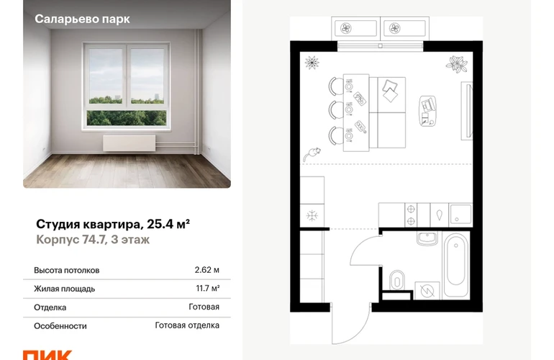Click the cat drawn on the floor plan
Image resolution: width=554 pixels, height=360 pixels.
pos(312,154)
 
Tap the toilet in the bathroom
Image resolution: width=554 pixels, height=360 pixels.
pos(396,280)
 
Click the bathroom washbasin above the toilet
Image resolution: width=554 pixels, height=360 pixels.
pos(427,238)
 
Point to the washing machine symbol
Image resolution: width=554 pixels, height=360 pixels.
pos(427,291)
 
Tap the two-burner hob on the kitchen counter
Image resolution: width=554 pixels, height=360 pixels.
pos(411,215)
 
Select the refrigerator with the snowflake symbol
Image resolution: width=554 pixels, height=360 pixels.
pos(312,215)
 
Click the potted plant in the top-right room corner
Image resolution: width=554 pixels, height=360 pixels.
pos(457,64)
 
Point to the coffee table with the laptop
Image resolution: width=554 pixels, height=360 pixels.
pos(427,111)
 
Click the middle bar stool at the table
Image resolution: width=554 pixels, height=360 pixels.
pos(336,109)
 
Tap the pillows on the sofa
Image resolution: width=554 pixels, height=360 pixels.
pos(390,91)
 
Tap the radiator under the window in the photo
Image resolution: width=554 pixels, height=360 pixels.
pos(129,143)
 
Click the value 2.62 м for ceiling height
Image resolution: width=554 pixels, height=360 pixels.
pos(206,270)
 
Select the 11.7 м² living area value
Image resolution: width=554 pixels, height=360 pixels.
pos(207,289)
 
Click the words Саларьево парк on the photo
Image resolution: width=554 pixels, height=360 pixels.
pos(82,19)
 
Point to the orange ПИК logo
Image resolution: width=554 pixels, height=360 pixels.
pos(47,355)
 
